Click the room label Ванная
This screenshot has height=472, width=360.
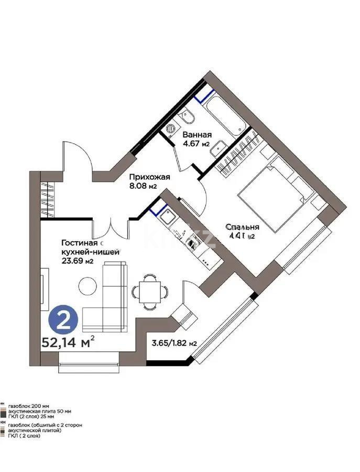click(197, 134)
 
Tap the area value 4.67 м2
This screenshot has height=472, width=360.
click(197, 144)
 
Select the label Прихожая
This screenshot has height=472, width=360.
click(150, 177)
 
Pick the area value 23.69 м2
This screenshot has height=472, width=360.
click(77, 262)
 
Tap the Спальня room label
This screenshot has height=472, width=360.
click(243, 227)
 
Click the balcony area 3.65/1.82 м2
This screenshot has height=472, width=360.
click(174, 344)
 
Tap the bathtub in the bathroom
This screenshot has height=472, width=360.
click(225, 115)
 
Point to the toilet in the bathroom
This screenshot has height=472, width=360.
click(188, 116)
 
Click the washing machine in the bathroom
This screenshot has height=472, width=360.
click(171, 127)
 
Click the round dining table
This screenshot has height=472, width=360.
click(149, 289)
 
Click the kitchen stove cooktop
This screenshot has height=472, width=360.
click(193, 242)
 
